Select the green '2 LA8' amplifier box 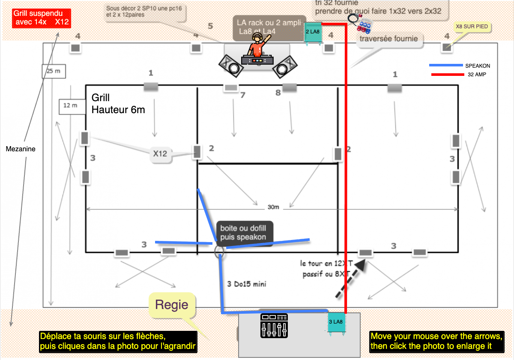coord(313,32)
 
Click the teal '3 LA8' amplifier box coord(336,322)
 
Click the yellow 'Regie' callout coord(172,305)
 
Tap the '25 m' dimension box coord(54,71)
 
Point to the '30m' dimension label coord(273,207)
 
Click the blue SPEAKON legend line coord(445,66)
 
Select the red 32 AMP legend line coord(445,75)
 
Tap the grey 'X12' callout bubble coord(161,153)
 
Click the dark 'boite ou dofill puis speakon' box coord(243,233)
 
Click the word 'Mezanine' coord(21,149)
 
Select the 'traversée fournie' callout coord(388,39)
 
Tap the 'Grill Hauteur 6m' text coord(118,104)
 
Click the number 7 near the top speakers coord(242,95)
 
